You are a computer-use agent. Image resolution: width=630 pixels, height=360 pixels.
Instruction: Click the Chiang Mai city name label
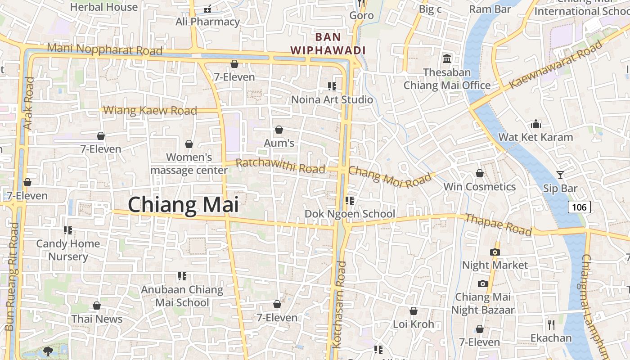(x=183, y=205)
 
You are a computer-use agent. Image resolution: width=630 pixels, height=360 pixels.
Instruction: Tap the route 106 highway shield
(x=579, y=207)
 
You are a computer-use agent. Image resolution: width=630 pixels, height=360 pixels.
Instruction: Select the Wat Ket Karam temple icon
(x=536, y=124)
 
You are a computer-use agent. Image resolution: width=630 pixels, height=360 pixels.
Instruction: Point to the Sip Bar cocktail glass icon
(x=560, y=175)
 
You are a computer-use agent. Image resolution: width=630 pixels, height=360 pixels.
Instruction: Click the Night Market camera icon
(x=495, y=252)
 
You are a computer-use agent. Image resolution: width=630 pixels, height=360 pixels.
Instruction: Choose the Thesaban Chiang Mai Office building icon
(x=447, y=59)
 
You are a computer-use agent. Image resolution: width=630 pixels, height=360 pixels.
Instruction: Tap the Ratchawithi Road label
(x=280, y=166)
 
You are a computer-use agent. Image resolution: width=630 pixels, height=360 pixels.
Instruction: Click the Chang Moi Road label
(x=390, y=177)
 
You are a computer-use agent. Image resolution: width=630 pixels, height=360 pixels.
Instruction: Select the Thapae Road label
(x=498, y=225)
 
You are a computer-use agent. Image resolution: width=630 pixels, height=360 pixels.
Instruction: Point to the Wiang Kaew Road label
(x=150, y=110)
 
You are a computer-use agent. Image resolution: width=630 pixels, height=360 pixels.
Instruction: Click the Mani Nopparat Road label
(x=104, y=49)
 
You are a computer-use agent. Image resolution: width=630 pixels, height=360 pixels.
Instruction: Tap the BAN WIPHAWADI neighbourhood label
(x=328, y=44)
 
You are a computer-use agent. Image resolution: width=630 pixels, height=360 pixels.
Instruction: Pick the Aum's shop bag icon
(x=279, y=130)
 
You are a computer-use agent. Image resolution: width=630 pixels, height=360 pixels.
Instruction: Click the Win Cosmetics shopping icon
(x=480, y=173)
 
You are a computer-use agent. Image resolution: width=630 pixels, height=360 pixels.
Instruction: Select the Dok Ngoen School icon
(x=349, y=200)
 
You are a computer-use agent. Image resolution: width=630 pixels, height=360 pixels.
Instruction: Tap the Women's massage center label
(x=189, y=164)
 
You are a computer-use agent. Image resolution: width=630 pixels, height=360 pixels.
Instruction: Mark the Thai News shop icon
(x=97, y=306)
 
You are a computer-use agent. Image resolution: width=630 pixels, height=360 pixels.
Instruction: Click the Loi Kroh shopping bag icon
(x=413, y=311)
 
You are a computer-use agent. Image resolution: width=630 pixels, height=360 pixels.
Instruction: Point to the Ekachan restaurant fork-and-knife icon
(x=551, y=324)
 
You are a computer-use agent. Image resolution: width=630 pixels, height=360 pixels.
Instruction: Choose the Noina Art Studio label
(x=332, y=99)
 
